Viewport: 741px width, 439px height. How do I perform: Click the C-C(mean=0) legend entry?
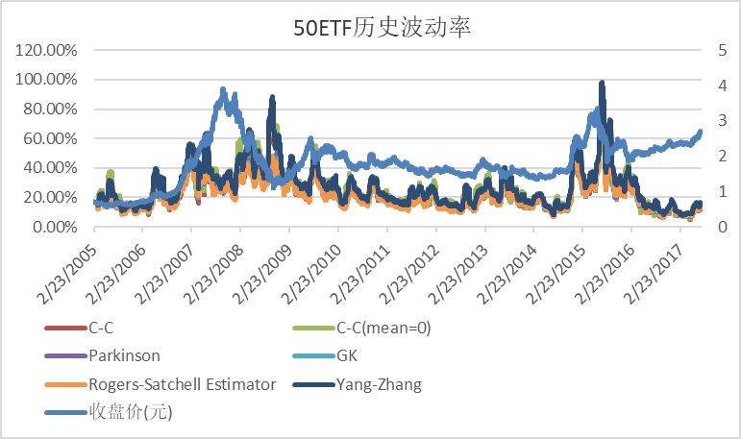coord(382,328)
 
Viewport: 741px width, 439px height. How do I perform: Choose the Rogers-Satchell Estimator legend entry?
coord(183,385)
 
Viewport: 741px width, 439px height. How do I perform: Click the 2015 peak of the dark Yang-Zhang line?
coord(602,84)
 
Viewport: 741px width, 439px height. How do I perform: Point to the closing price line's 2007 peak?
coord(223,91)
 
